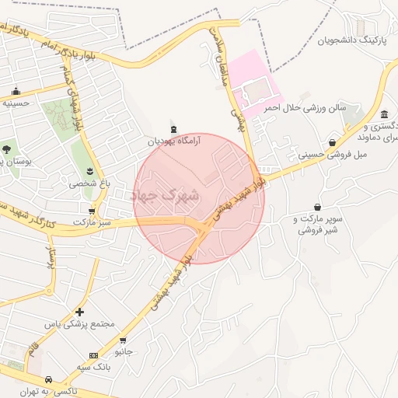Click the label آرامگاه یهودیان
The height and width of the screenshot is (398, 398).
(x=175, y=141)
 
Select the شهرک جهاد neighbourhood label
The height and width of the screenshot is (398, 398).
(x=167, y=195)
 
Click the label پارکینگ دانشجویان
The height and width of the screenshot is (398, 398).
(x=352, y=40)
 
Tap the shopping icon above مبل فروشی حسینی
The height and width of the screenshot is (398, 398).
(x=333, y=142)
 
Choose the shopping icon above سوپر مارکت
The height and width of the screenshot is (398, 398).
(x=317, y=207)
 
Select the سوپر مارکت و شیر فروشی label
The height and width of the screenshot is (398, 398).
(x=319, y=225)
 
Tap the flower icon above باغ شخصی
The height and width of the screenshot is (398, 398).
(x=90, y=171)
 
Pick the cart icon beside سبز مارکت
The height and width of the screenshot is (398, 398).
(x=92, y=211)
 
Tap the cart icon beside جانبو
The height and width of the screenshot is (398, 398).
(x=123, y=340)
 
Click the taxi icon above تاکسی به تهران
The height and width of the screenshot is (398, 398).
(x=48, y=379)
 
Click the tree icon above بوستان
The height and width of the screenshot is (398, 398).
(x=6, y=148)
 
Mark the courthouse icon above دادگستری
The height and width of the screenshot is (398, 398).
(x=384, y=115)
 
